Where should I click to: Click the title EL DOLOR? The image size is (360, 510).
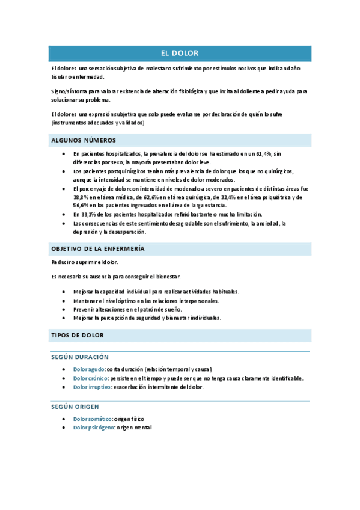pyautogui.click(x=180, y=54)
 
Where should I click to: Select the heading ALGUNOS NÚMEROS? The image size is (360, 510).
pyautogui.click(x=84, y=140)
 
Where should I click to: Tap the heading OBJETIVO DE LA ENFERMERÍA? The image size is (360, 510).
pyautogui.click(x=97, y=248)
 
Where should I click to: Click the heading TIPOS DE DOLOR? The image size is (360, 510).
pyautogui.click(x=78, y=335)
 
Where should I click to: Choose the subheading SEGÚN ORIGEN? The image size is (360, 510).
pyautogui.click(x=75, y=407)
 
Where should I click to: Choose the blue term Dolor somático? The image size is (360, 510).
pyautogui.click(x=93, y=419)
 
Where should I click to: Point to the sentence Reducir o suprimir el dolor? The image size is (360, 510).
pyautogui.click(x=85, y=262)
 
